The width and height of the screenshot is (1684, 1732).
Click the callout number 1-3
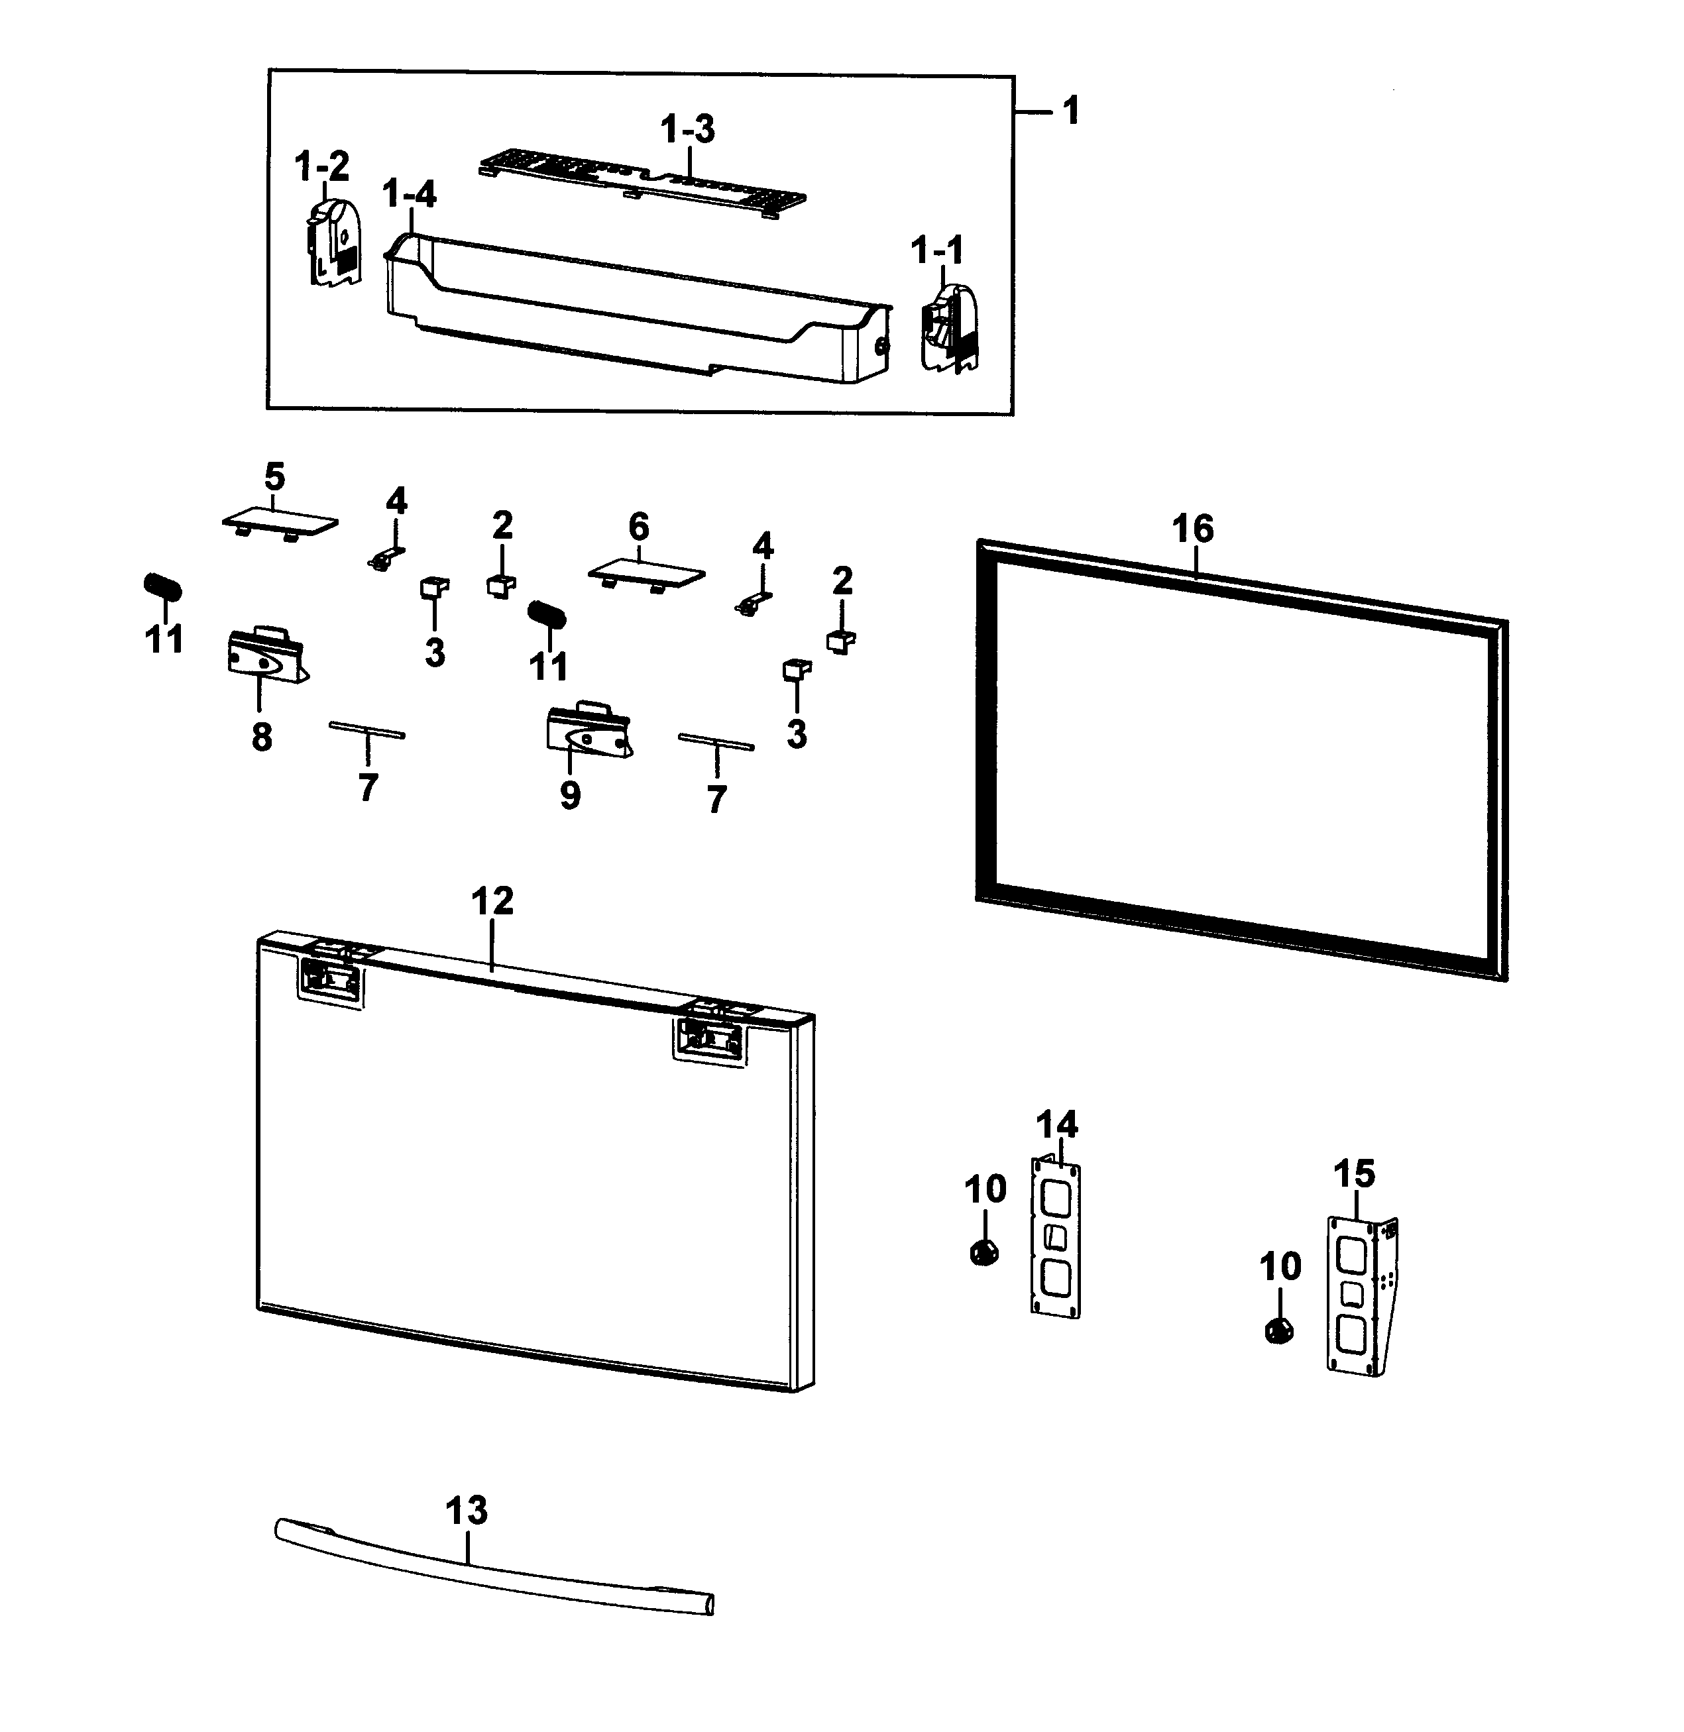click(x=687, y=129)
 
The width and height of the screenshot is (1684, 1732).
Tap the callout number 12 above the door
click(x=492, y=902)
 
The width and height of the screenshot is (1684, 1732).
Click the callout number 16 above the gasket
click(x=1192, y=529)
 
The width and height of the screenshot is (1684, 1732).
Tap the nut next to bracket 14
click(x=983, y=1252)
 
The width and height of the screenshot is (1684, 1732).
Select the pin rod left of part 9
click(x=367, y=730)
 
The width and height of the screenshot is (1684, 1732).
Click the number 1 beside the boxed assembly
click(x=1070, y=111)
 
